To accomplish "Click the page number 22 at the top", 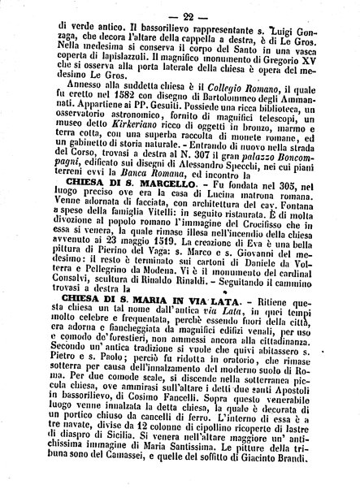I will pyautogui.click(x=177, y=10).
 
